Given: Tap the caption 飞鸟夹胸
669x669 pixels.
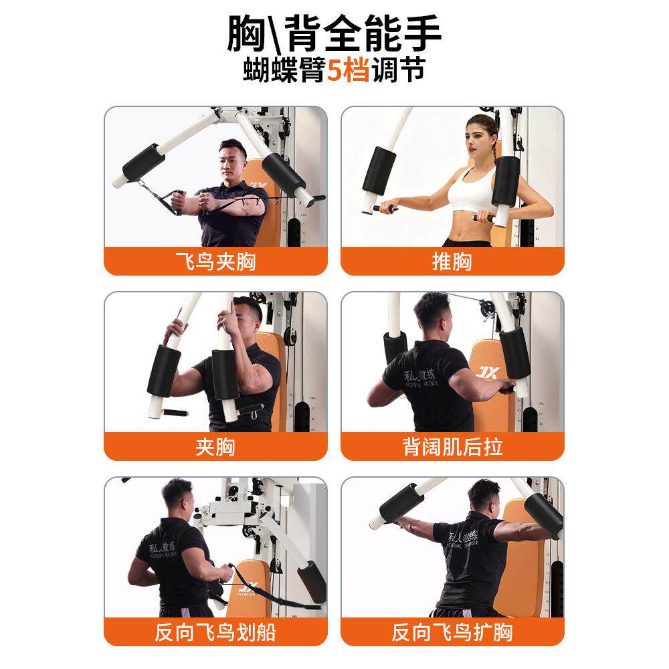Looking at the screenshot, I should click(x=215, y=262).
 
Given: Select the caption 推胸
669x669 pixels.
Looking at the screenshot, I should click(x=452, y=262).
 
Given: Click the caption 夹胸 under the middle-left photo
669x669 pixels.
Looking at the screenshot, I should click(x=215, y=447).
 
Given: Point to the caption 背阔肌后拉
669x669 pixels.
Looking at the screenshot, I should click(x=452, y=447).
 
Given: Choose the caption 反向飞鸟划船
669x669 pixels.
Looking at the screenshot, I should click(x=215, y=632).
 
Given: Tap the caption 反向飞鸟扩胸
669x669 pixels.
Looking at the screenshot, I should click(x=452, y=632).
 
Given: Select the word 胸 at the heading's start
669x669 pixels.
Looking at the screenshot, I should click(x=247, y=34).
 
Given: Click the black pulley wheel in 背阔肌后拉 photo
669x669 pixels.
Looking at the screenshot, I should click(x=487, y=310).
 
